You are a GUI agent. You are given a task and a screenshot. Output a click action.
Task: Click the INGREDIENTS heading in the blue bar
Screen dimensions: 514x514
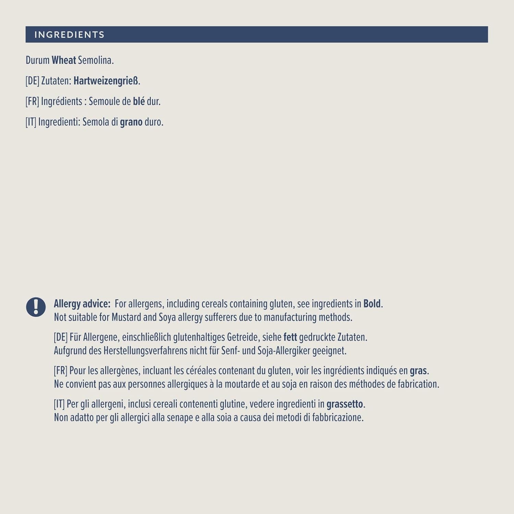point(69,35)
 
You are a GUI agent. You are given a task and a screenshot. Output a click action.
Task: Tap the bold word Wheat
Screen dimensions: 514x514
point(64,60)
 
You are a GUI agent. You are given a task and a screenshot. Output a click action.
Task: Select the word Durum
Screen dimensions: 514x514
point(37,60)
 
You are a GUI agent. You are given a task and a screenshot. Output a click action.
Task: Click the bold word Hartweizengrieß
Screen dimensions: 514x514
point(106,81)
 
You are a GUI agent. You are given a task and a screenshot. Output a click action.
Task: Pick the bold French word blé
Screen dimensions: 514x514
point(139,101)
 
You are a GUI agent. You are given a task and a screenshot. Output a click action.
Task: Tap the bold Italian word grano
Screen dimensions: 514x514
point(131,122)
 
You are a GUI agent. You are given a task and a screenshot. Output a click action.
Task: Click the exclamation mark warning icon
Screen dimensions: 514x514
point(36,307)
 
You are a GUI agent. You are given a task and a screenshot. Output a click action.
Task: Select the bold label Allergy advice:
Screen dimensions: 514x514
point(82,304)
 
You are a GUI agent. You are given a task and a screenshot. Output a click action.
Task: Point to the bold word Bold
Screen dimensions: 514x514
point(372,304)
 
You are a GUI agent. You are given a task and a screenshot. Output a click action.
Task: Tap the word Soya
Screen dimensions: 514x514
point(167,317)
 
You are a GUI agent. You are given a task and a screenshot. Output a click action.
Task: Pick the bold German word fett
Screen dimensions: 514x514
point(290,337)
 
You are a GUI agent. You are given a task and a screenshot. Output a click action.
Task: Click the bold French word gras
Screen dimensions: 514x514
point(418,371)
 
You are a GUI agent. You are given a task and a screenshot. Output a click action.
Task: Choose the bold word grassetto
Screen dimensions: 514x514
point(344,404)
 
